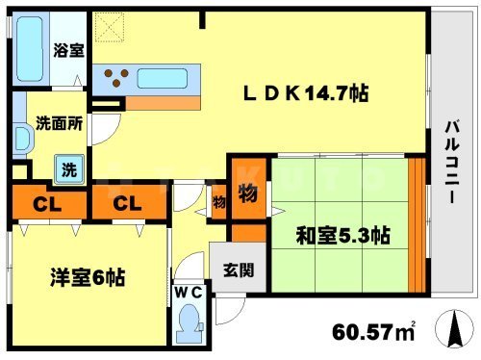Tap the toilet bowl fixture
190,320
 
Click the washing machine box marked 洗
68,168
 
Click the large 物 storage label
245,193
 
